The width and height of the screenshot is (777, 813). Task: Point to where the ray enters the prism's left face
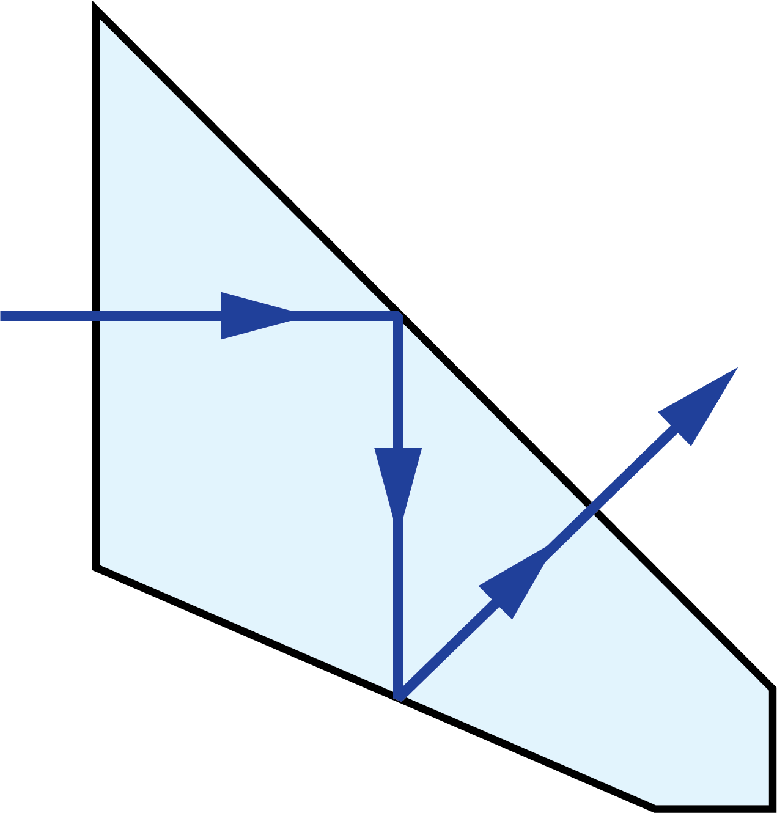point(100,315)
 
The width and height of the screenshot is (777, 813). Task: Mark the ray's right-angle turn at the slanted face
point(398,316)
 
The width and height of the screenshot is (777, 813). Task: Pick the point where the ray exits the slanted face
point(591,511)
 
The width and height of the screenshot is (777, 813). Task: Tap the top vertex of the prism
point(100,20)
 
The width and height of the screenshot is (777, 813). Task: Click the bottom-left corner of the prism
point(100,564)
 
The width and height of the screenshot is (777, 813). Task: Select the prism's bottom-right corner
point(768,804)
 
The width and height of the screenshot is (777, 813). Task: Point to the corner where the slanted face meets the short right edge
point(768,691)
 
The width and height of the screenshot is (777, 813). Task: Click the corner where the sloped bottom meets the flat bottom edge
point(656,804)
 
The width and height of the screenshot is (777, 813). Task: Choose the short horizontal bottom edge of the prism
point(712,804)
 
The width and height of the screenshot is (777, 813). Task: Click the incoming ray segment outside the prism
point(49,315)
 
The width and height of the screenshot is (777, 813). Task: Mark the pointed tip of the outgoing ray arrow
point(737,369)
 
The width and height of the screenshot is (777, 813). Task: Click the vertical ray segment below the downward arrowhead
point(399,605)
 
